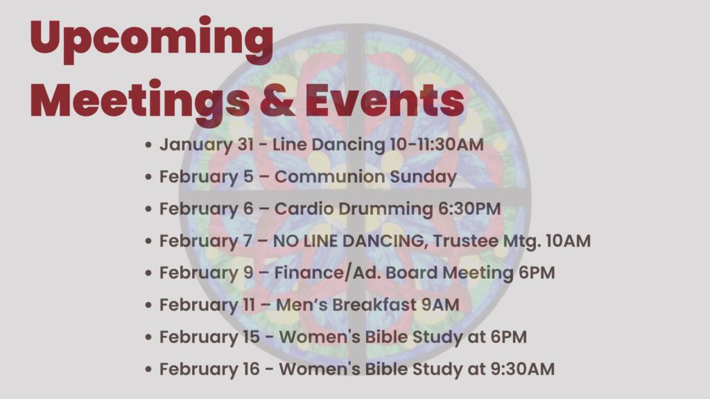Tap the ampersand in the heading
(277, 100)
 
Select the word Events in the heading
(385, 100)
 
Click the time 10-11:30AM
(437, 145)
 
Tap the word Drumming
(386, 209)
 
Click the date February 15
(209, 337)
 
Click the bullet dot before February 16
(148, 369)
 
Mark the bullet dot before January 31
(148, 145)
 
